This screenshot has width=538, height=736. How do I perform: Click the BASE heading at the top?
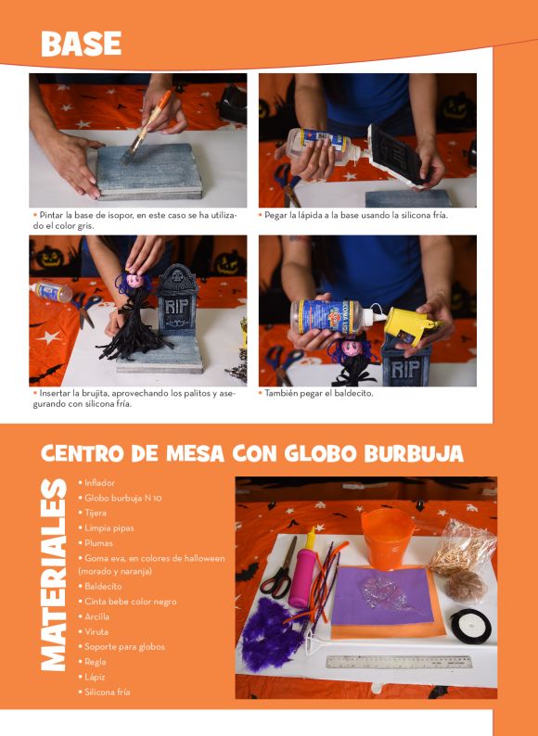point(82,44)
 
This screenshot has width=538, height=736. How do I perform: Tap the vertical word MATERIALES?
point(53,575)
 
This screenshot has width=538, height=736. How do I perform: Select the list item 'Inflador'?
point(96,483)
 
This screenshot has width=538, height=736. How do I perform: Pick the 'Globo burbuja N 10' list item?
point(121,498)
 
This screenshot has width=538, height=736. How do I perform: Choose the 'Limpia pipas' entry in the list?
point(106,528)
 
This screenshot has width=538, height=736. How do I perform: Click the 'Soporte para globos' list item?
point(122,647)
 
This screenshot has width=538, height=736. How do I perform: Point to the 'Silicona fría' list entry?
point(105,692)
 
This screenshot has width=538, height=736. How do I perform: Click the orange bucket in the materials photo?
point(388,538)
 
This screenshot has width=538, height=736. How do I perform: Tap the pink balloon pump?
point(302,570)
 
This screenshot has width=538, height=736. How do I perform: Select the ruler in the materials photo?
point(399,661)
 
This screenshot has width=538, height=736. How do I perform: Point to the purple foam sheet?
point(381,595)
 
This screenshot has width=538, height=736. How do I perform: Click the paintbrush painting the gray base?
point(146,126)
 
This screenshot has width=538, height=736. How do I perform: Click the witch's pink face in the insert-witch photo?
point(135,280)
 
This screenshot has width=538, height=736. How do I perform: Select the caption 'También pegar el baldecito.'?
point(316,393)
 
